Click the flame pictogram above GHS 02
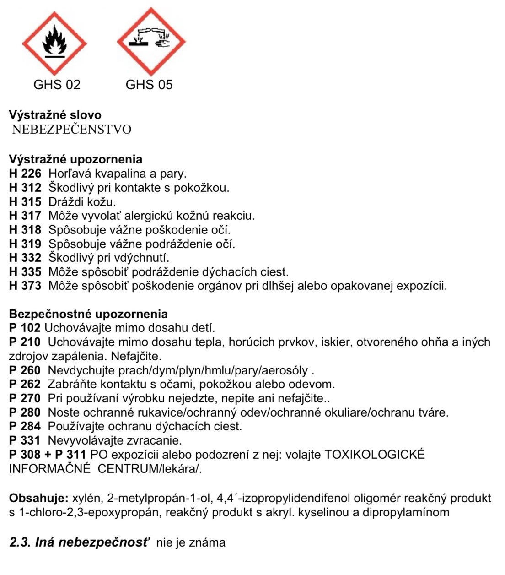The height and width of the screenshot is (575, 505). [54, 43]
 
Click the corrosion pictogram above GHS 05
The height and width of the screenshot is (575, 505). [151, 42]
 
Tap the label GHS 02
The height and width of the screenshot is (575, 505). [57, 85]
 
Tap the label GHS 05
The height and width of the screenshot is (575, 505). [149, 85]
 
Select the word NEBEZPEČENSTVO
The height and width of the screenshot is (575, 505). [71, 130]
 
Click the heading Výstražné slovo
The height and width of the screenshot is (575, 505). [55, 115]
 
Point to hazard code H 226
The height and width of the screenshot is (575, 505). [25, 174]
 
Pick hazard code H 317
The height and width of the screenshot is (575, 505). [25, 216]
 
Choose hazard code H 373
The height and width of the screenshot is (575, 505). [25, 286]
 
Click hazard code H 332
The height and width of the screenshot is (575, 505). [25, 258]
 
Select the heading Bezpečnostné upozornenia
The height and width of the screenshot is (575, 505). [88, 314]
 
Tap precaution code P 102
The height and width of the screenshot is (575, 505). [25, 328]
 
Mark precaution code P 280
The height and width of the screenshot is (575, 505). [25, 412]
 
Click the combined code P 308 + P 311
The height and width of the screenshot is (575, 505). [48, 455]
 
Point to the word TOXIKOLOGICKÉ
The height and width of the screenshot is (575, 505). [375, 455]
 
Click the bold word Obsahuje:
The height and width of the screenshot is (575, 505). [39, 498]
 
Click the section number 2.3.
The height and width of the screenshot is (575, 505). [20, 542]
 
